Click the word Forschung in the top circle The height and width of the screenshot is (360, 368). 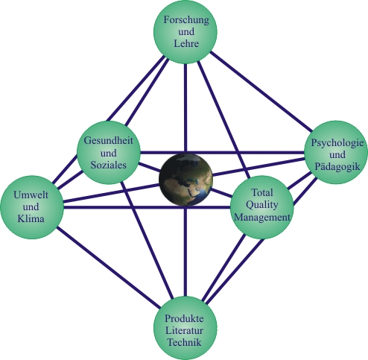coord(186,20)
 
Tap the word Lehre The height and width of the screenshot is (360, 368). coord(186,43)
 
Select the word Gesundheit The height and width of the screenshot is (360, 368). coord(109,141)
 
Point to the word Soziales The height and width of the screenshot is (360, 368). coord(109,165)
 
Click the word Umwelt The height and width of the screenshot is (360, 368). coord(31,195)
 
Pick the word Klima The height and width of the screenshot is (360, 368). coord(31,218)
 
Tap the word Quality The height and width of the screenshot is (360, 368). coord(262,205)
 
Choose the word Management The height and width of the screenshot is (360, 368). coord(262,217)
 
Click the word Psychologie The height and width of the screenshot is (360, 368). coord(337,143)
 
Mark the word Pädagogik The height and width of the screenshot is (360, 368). coord(337,166)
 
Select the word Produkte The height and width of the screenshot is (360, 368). coord(184,318)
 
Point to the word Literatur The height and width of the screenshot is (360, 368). coord(184,330)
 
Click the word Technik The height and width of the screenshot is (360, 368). coord(184,342)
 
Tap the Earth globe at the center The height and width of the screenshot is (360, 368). coord(185,180)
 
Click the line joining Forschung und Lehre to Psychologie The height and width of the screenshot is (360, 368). coord(261,92)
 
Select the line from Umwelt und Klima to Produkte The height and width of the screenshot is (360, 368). coord(109,267)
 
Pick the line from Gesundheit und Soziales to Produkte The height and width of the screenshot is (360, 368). coord(147,240)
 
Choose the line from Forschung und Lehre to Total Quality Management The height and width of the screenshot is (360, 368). coord(223,119)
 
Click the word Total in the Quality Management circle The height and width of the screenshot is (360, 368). coord(262,192)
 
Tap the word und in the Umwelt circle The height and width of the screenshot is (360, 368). coord(31,206)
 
